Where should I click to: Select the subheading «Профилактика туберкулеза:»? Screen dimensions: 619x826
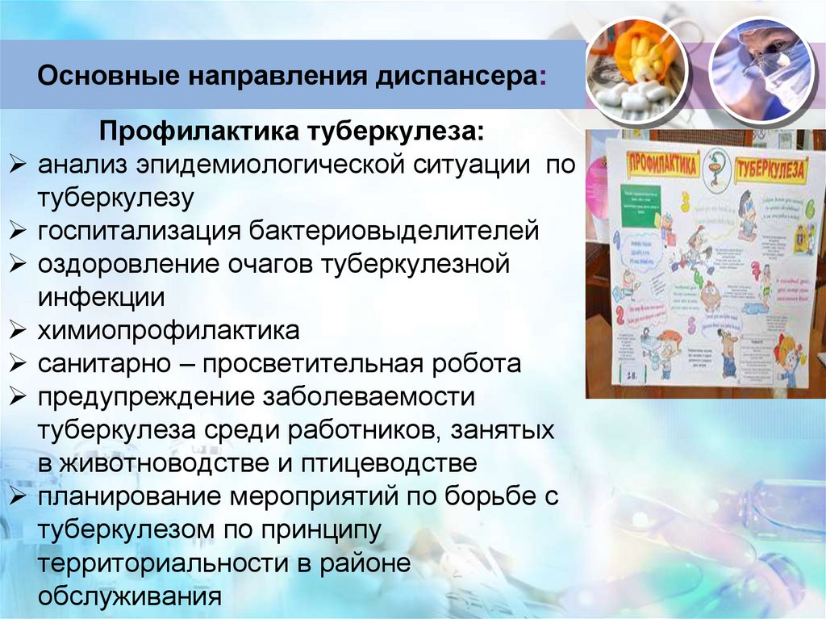(x=292, y=132)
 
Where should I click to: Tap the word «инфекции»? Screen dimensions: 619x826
(x=101, y=297)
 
